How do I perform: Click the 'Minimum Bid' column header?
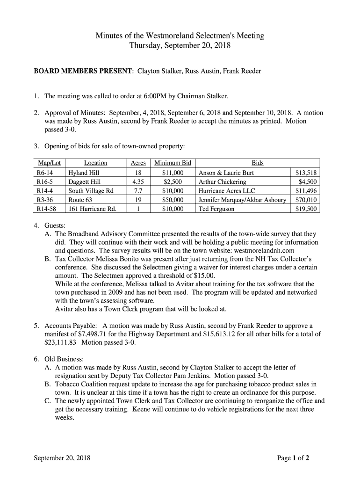coord(173,163)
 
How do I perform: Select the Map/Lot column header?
coord(46,163)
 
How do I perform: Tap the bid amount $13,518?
coord(306,173)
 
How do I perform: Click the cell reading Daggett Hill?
coord(85,181)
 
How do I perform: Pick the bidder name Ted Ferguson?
coord(217,209)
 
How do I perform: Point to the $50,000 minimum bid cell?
coord(173,200)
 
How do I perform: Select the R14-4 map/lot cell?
coord(45,191)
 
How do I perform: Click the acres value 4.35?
coord(137,181)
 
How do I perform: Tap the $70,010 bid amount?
coord(306,200)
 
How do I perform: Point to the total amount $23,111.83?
coord(61,342)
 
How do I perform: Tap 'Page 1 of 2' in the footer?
coord(293,458)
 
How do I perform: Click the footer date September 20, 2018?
coord(62,458)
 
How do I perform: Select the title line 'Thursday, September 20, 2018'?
coord(180,46)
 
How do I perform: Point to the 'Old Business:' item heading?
coord(64,359)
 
